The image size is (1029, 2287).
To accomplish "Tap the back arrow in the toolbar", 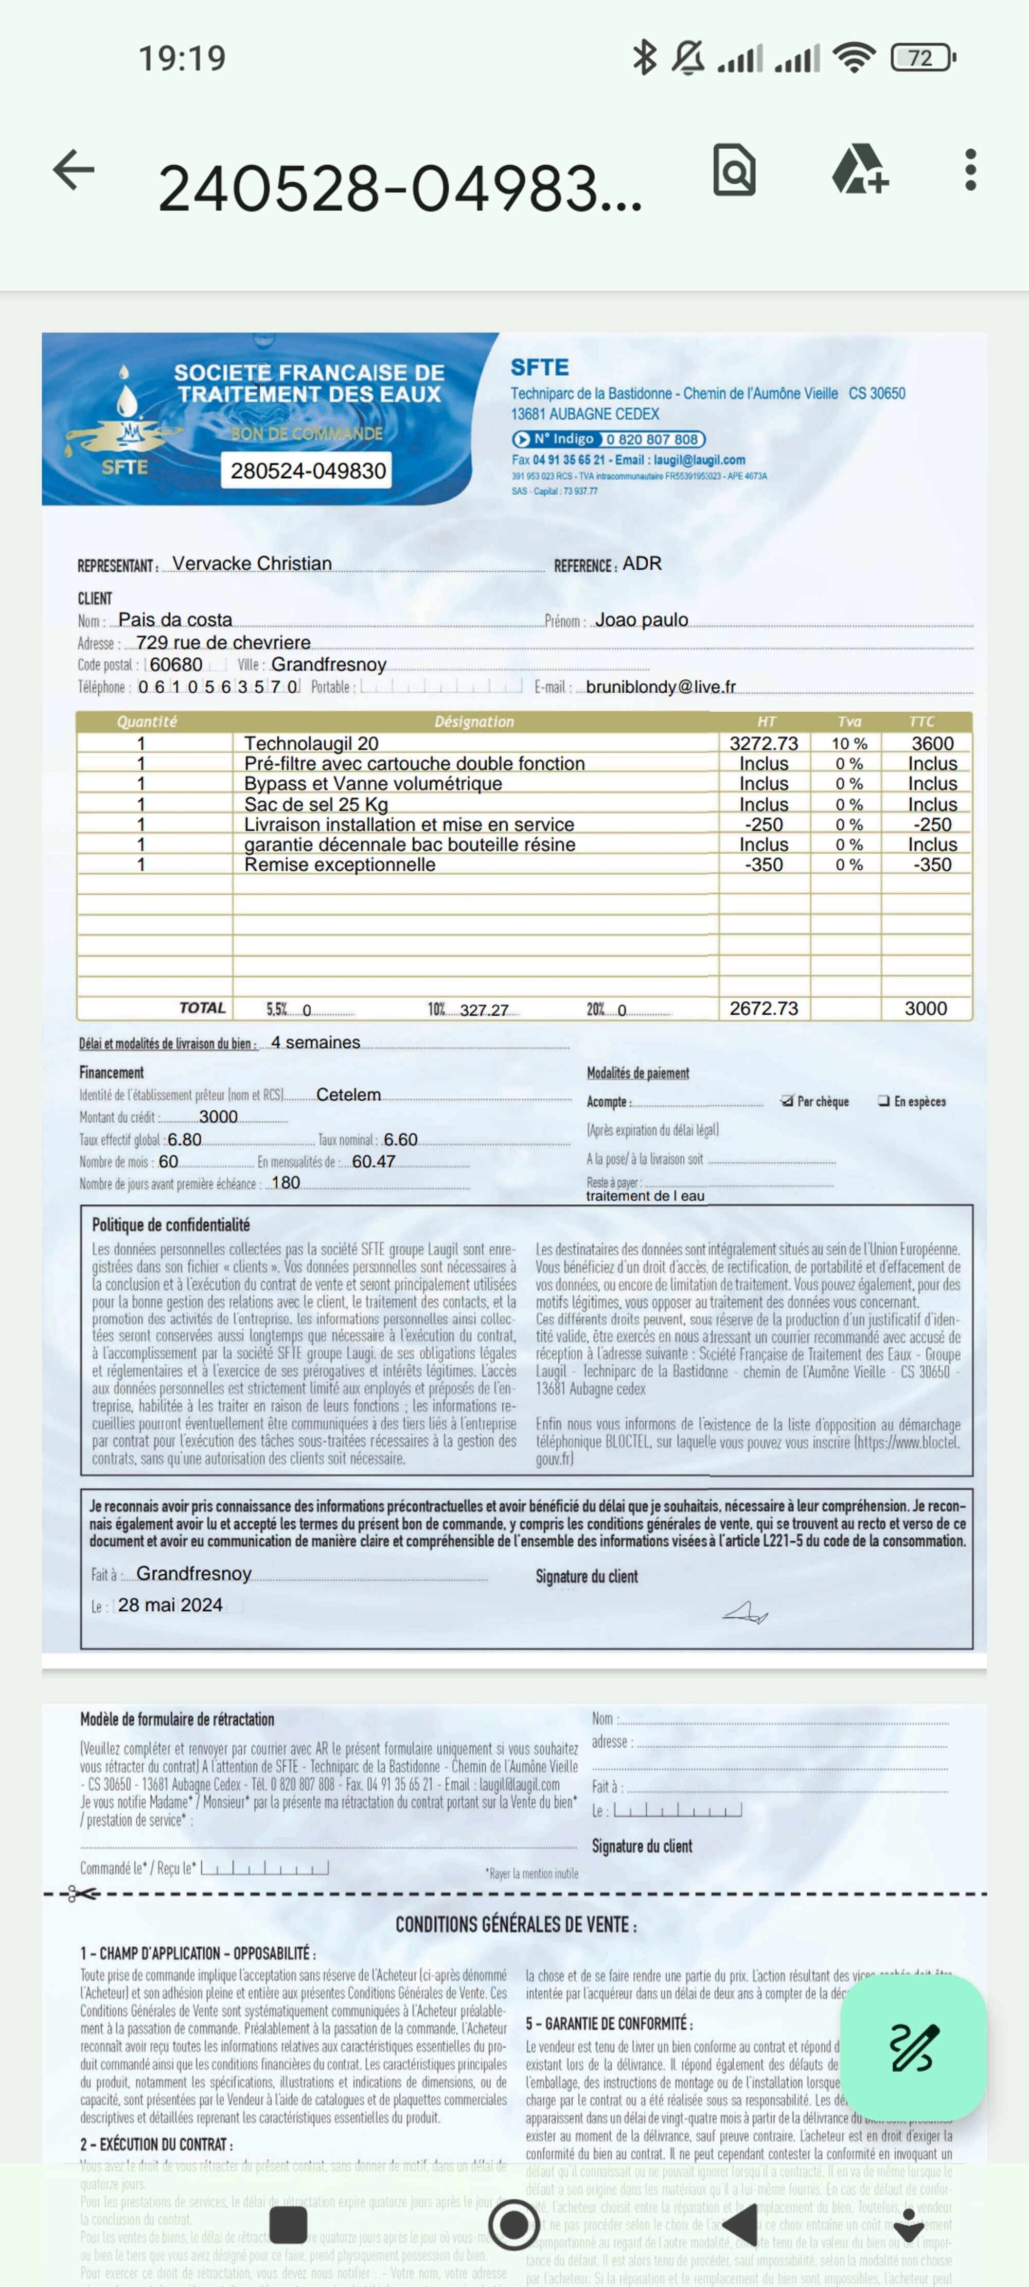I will (74, 170).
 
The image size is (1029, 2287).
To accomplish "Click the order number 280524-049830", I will (308, 470).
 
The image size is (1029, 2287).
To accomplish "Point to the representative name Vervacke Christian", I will (252, 564).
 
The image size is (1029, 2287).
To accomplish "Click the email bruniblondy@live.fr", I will (661, 687).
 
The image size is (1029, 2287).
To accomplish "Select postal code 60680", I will (176, 664).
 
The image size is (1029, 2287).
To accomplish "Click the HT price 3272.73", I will (764, 743).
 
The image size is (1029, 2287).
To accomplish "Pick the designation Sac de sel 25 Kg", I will (316, 804).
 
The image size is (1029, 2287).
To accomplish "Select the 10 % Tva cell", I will (849, 743).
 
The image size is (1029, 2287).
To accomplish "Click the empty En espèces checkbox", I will (883, 1101).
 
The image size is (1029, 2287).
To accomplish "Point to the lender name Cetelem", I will (348, 1095).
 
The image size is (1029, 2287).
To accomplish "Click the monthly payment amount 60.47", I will (374, 1162).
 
